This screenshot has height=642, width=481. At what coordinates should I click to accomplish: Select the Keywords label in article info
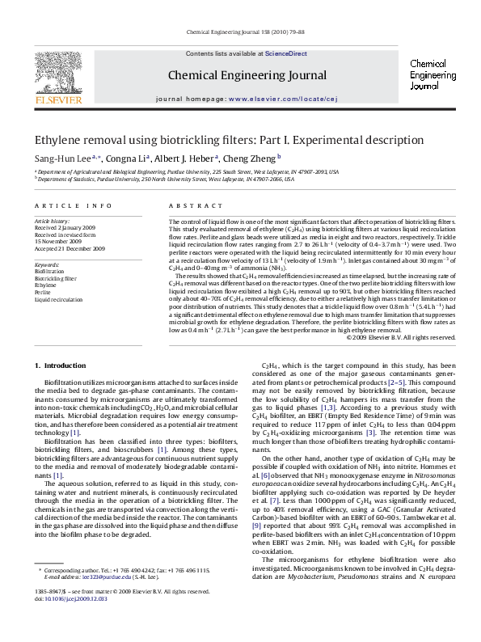pos(47,264)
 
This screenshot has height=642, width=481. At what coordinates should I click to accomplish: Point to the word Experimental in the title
pos(326,140)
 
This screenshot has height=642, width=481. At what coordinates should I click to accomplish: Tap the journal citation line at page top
pos(240,32)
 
